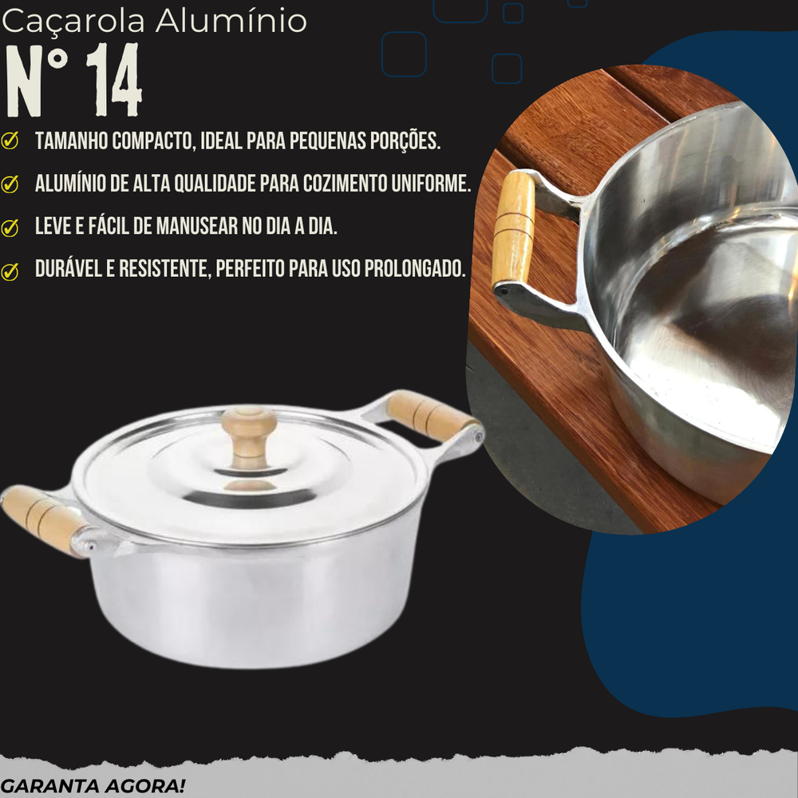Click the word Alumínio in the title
coord(231,22)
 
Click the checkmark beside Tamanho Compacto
coord(10,141)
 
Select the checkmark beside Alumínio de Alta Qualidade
coord(10,184)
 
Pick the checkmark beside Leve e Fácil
coord(10,227)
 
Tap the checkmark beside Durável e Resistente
coord(10,271)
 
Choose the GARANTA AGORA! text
coord(93,784)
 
